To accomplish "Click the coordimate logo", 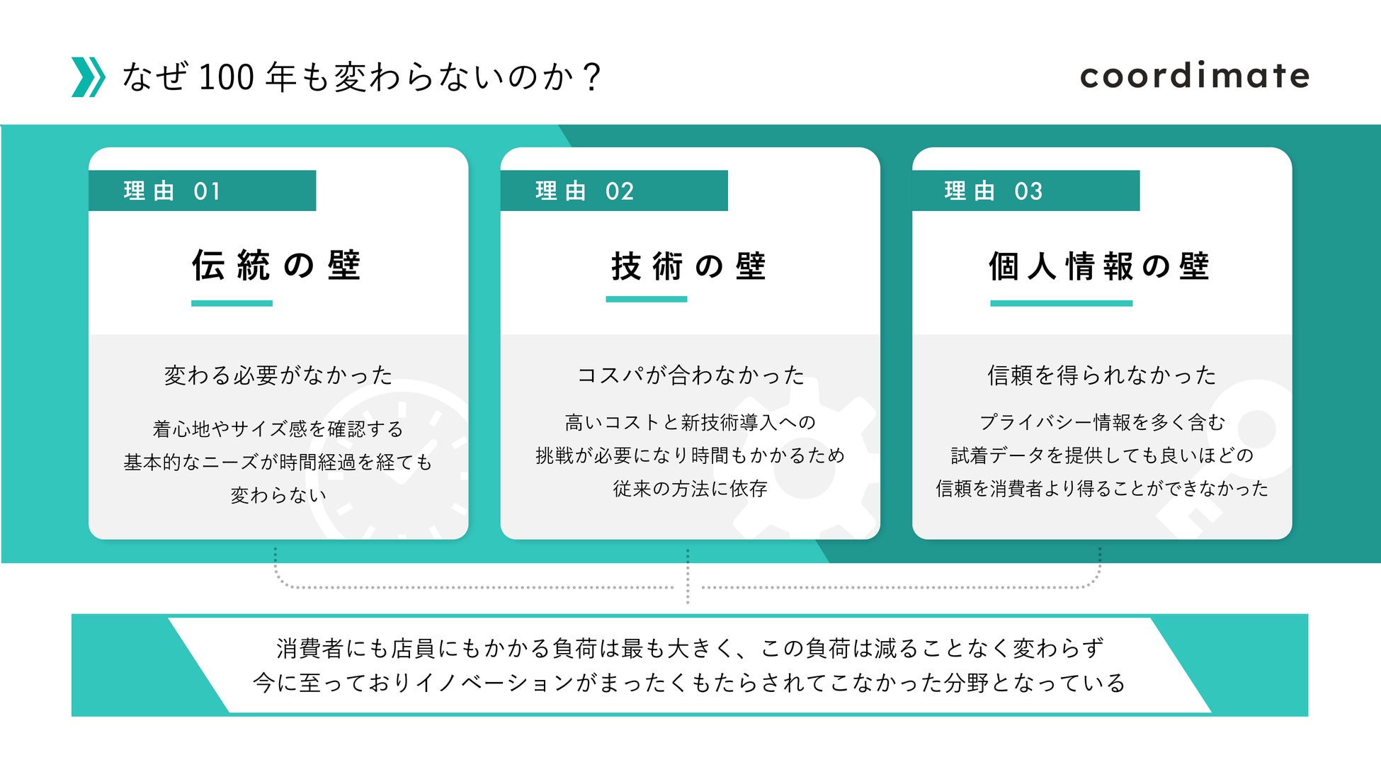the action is coord(1194,76).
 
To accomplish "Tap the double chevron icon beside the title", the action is coord(89,77).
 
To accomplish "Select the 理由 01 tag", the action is coord(202,191).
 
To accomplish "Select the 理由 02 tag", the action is coord(613,191).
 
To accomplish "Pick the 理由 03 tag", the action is coord(1025,191).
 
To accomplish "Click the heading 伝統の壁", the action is coord(277,266).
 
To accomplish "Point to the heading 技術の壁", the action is coord(688,266).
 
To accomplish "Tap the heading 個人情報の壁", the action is coord(1099,266).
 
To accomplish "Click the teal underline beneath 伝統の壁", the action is coord(232,303).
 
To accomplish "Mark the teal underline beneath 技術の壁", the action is coord(646,299).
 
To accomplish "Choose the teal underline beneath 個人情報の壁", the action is coord(1061,303).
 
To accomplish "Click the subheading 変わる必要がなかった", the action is coord(278,375).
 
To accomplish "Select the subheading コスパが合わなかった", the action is coord(690,375).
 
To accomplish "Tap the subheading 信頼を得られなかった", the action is coord(1102,375).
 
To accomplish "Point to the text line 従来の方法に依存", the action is coord(690,489).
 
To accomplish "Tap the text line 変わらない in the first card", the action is coord(278,495).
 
